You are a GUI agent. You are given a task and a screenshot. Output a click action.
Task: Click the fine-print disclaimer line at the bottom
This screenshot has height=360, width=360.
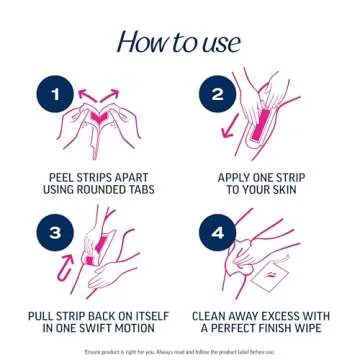tap(180, 353)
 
